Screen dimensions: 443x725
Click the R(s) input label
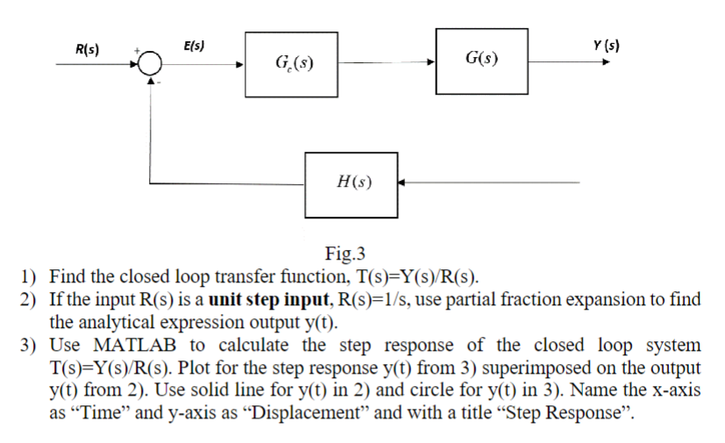[87, 49]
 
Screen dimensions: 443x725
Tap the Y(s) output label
[606, 45]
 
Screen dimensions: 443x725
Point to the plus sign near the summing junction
[138, 51]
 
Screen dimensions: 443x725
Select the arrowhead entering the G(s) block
[430, 63]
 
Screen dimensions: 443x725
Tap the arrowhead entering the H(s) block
[404, 183]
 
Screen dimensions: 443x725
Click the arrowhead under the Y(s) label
[602, 62]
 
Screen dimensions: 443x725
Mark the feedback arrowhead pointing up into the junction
[152, 82]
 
